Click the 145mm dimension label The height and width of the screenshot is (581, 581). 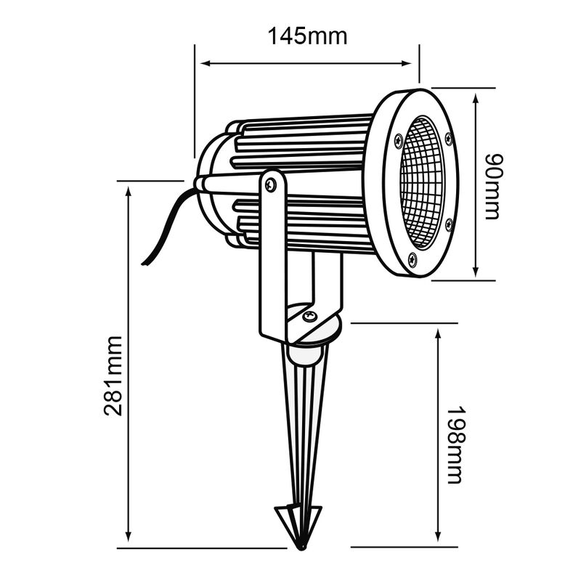click(307, 36)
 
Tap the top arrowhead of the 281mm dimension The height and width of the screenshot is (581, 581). click(129, 190)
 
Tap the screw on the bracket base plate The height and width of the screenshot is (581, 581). click(310, 316)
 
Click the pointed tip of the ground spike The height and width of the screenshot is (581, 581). click(301, 545)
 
